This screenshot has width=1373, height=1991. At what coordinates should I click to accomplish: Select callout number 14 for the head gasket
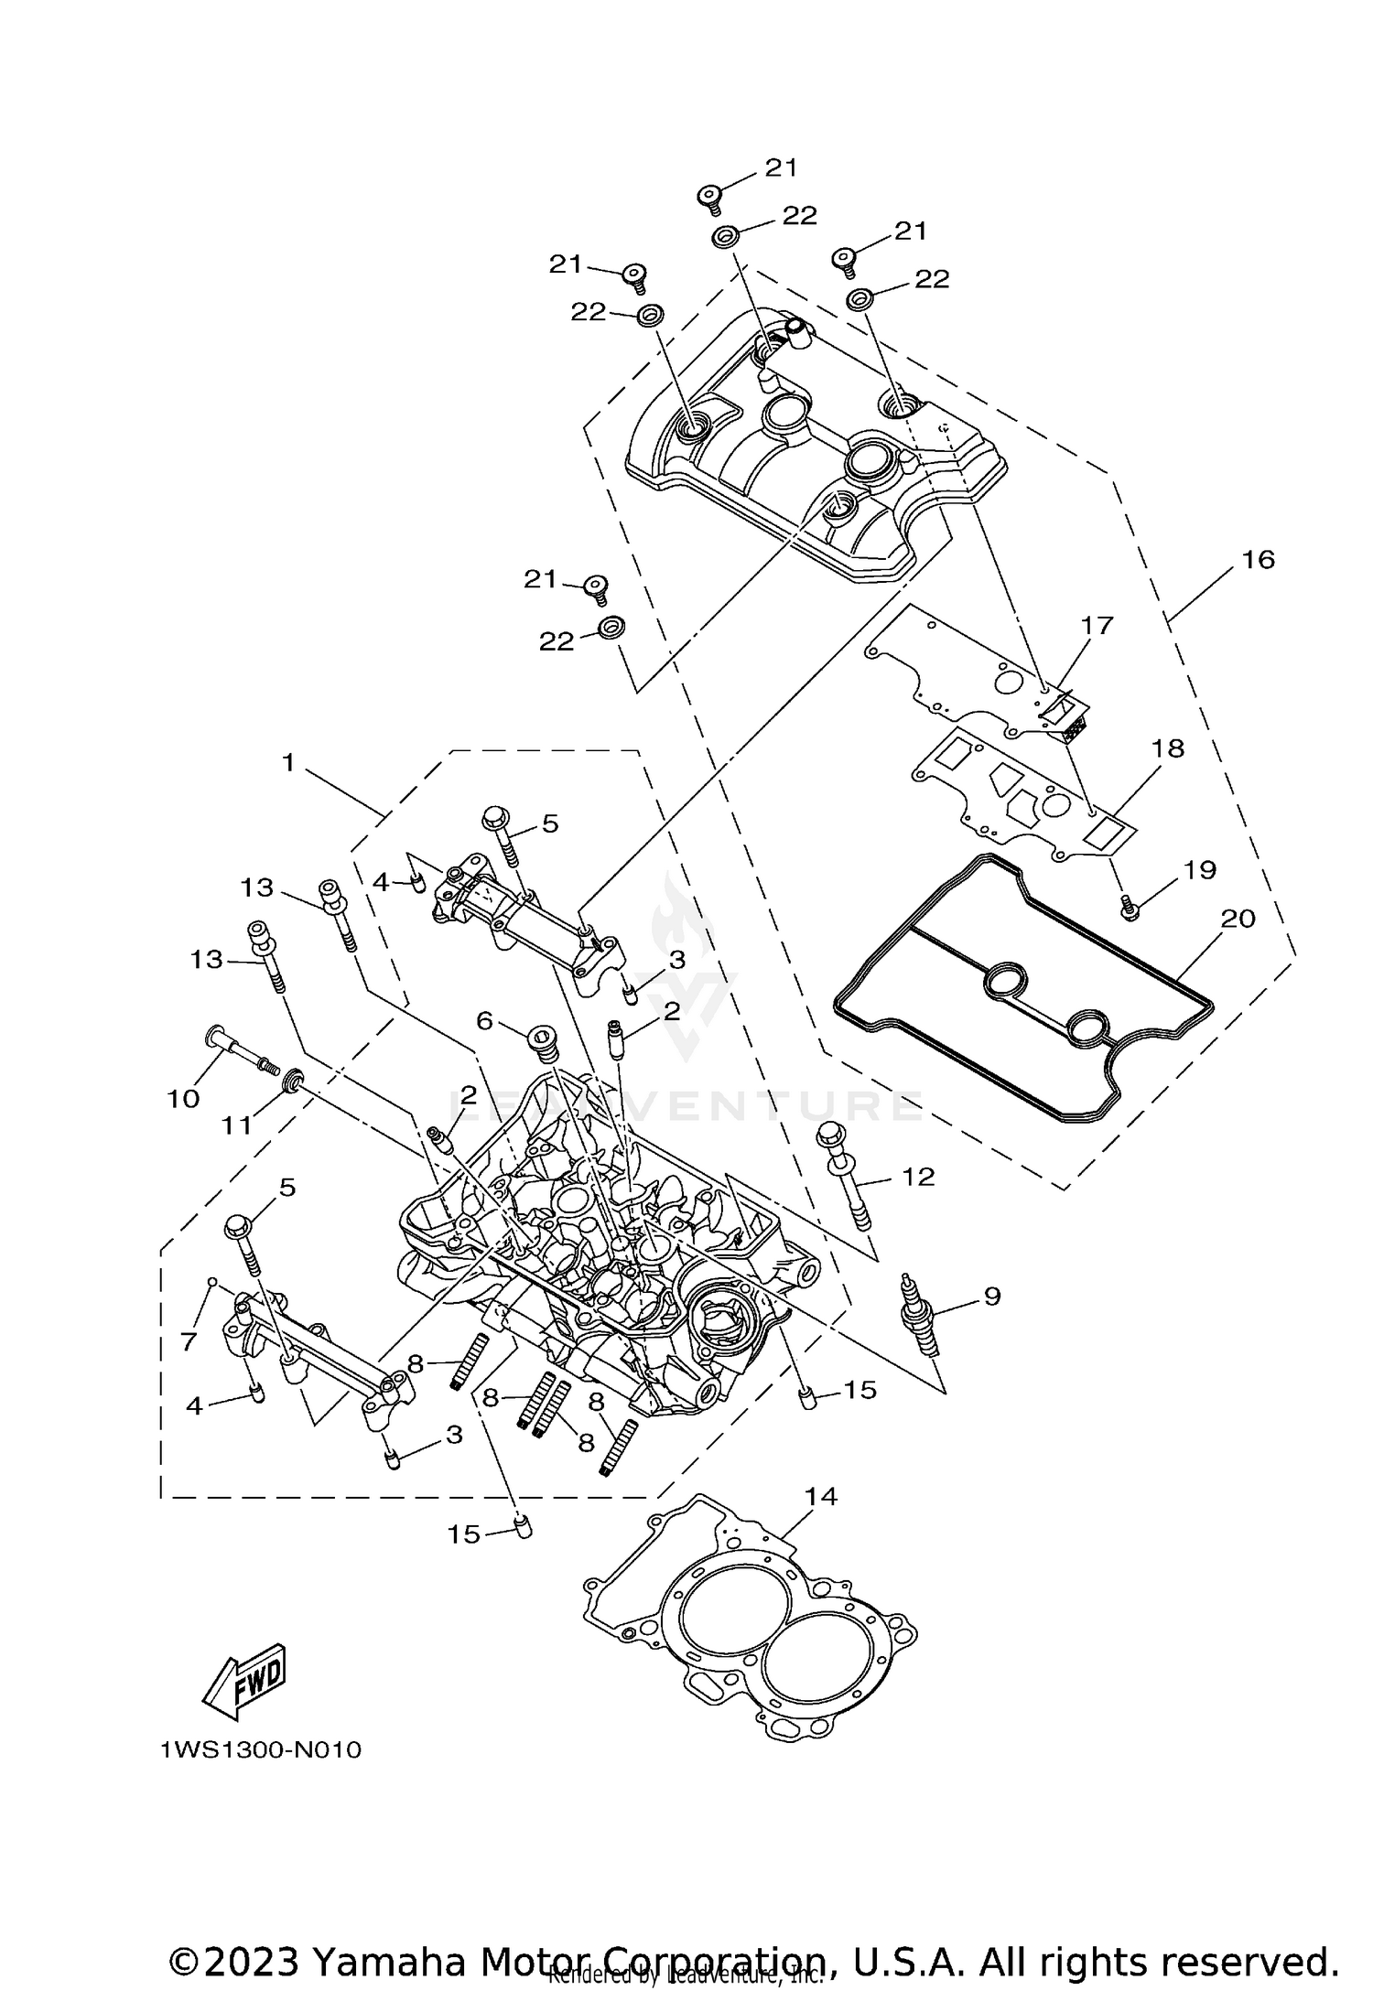click(821, 1496)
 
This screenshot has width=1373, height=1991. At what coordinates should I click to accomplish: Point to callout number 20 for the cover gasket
click(1238, 918)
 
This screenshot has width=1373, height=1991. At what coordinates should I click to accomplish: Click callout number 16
click(1259, 559)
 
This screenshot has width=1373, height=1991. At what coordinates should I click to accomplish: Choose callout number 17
click(1097, 626)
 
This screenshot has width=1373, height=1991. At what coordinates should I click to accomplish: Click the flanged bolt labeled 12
click(846, 1180)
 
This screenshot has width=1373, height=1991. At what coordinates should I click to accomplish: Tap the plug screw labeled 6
click(544, 1044)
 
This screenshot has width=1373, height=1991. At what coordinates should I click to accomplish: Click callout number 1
click(288, 761)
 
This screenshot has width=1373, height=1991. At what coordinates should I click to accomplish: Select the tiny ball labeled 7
click(211, 1282)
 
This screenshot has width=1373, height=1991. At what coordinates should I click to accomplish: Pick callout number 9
click(992, 1296)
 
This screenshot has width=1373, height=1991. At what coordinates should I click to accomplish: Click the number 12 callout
click(918, 1177)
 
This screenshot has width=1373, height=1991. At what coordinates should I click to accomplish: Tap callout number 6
click(485, 1019)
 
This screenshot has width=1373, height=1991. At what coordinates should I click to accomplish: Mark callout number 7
click(188, 1342)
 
